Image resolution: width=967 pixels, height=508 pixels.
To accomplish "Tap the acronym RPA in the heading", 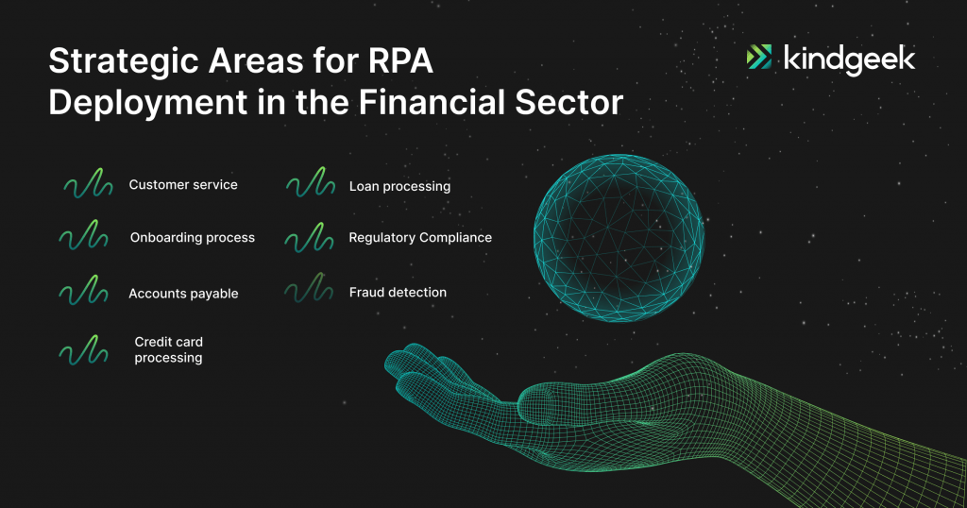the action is pyautogui.click(x=400, y=61).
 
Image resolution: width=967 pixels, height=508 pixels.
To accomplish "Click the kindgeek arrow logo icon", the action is pyautogui.click(x=759, y=57).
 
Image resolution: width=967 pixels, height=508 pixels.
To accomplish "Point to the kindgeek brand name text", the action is pyautogui.click(x=849, y=59).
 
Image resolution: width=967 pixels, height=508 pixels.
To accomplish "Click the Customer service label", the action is pyautogui.click(x=183, y=185).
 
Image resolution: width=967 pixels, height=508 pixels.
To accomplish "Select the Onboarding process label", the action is pyautogui.click(x=193, y=238).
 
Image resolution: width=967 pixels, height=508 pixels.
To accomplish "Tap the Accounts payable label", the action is pyautogui.click(x=183, y=294).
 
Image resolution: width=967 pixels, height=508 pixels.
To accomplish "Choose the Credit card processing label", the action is pyautogui.click(x=168, y=350).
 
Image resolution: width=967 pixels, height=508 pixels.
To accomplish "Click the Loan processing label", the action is pyautogui.click(x=399, y=186).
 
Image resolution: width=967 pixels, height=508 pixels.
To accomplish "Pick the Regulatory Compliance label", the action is pyautogui.click(x=420, y=238).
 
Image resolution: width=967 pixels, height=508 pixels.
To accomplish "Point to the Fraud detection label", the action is pyautogui.click(x=398, y=292).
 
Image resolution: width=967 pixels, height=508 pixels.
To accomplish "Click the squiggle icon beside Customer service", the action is pyautogui.click(x=88, y=183).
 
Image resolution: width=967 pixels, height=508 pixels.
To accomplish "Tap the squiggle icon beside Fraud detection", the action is pyautogui.click(x=309, y=288).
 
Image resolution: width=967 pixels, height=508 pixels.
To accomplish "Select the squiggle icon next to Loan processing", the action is pyautogui.click(x=311, y=182).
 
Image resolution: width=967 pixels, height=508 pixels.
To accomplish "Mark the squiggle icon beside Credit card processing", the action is pyautogui.click(x=83, y=350).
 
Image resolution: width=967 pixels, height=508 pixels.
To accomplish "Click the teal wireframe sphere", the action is pyautogui.click(x=619, y=238).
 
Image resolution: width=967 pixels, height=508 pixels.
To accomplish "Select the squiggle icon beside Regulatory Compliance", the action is pyautogui.click(x=309, y=237).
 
